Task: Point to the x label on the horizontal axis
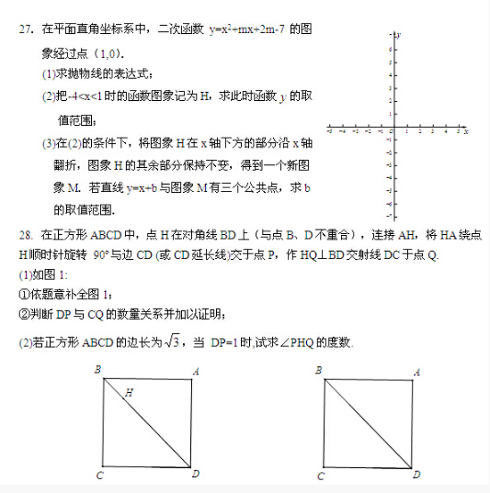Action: pos(467,131)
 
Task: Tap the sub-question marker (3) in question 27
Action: pos(50,143)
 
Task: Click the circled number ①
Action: pos(24,294)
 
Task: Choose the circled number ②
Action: pos(24,315)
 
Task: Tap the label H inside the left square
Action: pos(130,393)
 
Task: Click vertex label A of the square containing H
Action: pos(196,371)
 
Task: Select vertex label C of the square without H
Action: pos(321,476)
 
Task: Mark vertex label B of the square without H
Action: pos(319,370)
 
